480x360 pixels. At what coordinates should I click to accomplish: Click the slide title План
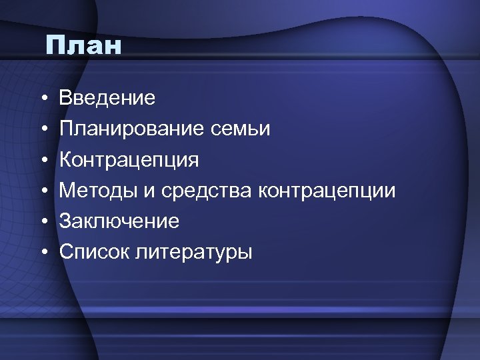[84, 46]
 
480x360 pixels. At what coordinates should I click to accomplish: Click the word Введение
[107, 99]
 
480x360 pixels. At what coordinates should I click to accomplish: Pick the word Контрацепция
[129, 161]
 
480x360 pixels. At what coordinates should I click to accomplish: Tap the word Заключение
[119, 221]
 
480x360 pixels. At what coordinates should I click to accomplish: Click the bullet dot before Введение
[41, 99]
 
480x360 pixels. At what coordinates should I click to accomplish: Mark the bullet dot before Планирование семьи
[41, 130]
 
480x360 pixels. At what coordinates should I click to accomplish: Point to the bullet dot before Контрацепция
[41, 161]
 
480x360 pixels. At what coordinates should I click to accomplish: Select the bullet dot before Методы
[41, 191]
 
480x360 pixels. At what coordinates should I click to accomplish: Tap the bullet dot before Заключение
[41, 222]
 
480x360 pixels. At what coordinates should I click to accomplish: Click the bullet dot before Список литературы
[41, 253]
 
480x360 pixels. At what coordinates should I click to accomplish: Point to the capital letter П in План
[56, 46]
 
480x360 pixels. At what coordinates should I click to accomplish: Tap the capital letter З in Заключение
[65, 221]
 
